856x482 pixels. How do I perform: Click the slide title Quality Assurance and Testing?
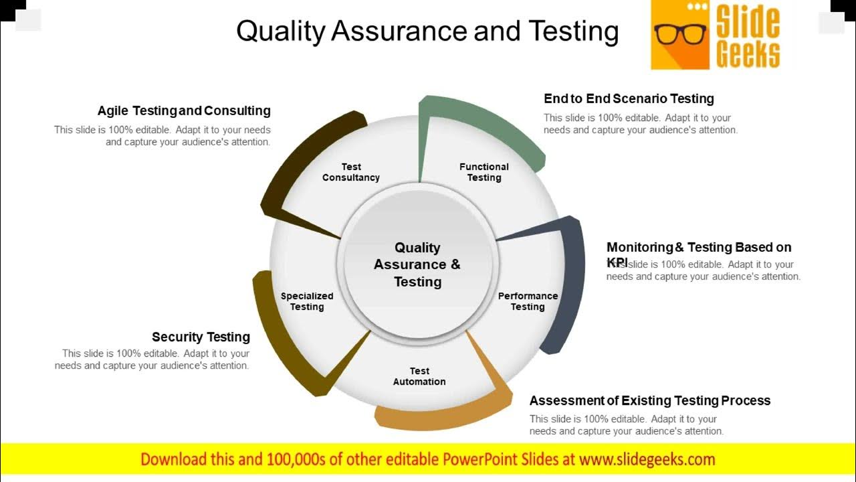coord(428,31)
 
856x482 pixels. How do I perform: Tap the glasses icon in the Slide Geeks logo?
coord(680,33)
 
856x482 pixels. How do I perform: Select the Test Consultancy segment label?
coord(351,172)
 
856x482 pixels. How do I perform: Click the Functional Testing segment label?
coord(484,172)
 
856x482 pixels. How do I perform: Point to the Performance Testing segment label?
coord(528,301)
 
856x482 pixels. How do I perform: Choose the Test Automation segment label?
coord(419,376)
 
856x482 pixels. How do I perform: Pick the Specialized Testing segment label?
coord(307,301)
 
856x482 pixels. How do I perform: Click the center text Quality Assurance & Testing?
coord(417,264)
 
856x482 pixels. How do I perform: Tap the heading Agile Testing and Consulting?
coord(184,110)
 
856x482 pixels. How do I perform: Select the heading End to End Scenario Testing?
coord(629,98)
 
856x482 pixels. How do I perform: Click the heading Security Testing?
coord(201,337)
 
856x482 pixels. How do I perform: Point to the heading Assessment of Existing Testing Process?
coord(650,400)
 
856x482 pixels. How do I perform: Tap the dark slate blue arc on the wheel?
coord(572,281)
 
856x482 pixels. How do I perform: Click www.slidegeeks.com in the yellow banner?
coord(647,459)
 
